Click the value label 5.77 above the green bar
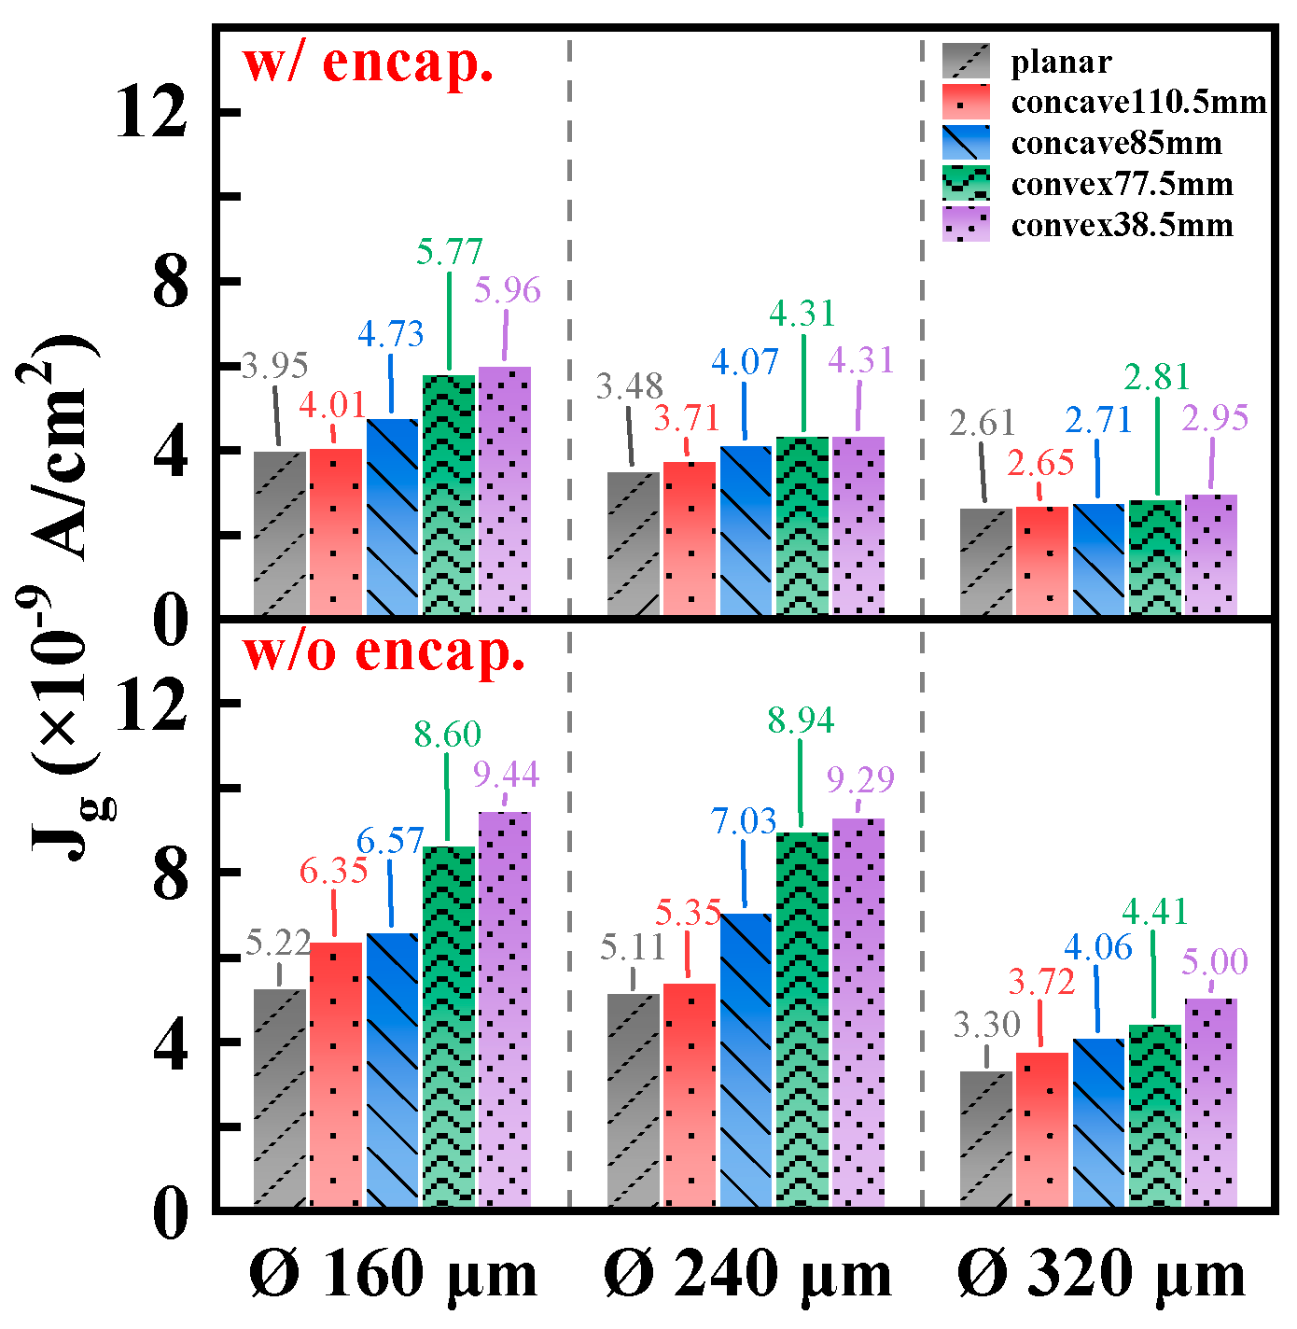(450, 252)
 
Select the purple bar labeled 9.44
(505, 1008)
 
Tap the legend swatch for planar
(965, 62)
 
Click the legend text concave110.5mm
(1138, 102)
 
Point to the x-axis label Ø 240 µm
(747, 1275)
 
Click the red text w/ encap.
(368, 63)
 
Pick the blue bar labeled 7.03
(746, 1059)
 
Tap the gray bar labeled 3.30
(986, 1139)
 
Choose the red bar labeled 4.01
(336, 532)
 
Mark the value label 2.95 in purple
(1215, 418)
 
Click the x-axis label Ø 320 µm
(1101, 1275)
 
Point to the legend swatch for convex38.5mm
(965, 225)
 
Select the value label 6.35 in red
(333, 871)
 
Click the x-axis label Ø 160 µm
(393, 1275)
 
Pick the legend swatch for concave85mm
(965, 143)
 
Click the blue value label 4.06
(1098, 948)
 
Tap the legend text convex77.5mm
(1122, 184)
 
